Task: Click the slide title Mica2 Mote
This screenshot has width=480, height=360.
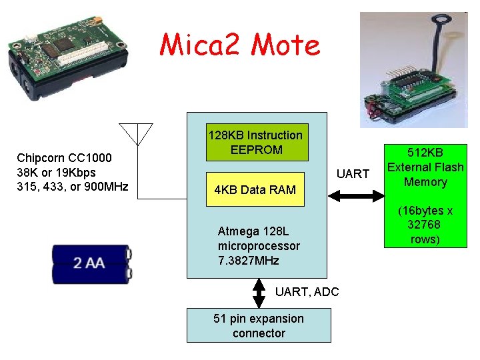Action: [x=240, y=45]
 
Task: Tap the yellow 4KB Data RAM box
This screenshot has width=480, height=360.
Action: [x=255, y=190]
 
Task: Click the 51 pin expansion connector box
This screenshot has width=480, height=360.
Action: [x=259, y=325]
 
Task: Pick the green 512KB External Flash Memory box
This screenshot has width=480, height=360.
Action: [x=425, y=195]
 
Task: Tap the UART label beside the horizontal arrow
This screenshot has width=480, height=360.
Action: [x=353, y=174]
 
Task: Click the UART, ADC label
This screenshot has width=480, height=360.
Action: [x=307, y=291]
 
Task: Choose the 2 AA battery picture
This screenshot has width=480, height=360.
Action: [x=91, y=264]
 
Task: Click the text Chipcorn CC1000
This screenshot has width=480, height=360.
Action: [x=64, y=158]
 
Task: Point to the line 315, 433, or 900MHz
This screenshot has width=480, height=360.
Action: [x=72, y=186]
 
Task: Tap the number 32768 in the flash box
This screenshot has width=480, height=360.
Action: [x=423, y=225]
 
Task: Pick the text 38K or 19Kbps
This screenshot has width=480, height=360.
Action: [x=56, y=172]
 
